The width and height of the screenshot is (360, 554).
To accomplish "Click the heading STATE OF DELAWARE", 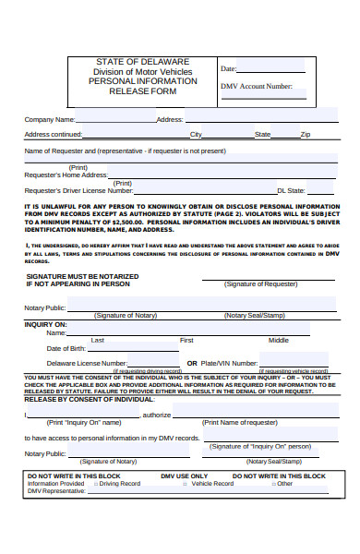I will coord(142,62).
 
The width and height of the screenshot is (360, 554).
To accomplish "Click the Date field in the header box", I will coord(271,68).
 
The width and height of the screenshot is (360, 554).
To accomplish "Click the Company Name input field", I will coord(115,118).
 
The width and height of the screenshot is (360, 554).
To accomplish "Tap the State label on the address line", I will coord(262,135).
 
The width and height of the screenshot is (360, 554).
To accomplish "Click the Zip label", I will coord(306,135).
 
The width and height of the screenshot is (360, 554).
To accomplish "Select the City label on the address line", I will coord(196,135).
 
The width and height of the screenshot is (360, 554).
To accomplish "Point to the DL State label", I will coord(292,190).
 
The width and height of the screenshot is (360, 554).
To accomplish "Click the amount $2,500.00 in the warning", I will coord(123,223).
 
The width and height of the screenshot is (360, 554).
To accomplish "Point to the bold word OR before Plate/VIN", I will coord(192,364).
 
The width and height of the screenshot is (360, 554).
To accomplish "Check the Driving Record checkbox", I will coord(94,483).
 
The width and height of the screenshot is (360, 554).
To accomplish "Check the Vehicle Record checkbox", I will coord(186,483).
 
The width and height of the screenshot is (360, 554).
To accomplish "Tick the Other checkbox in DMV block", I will coord(272,483).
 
